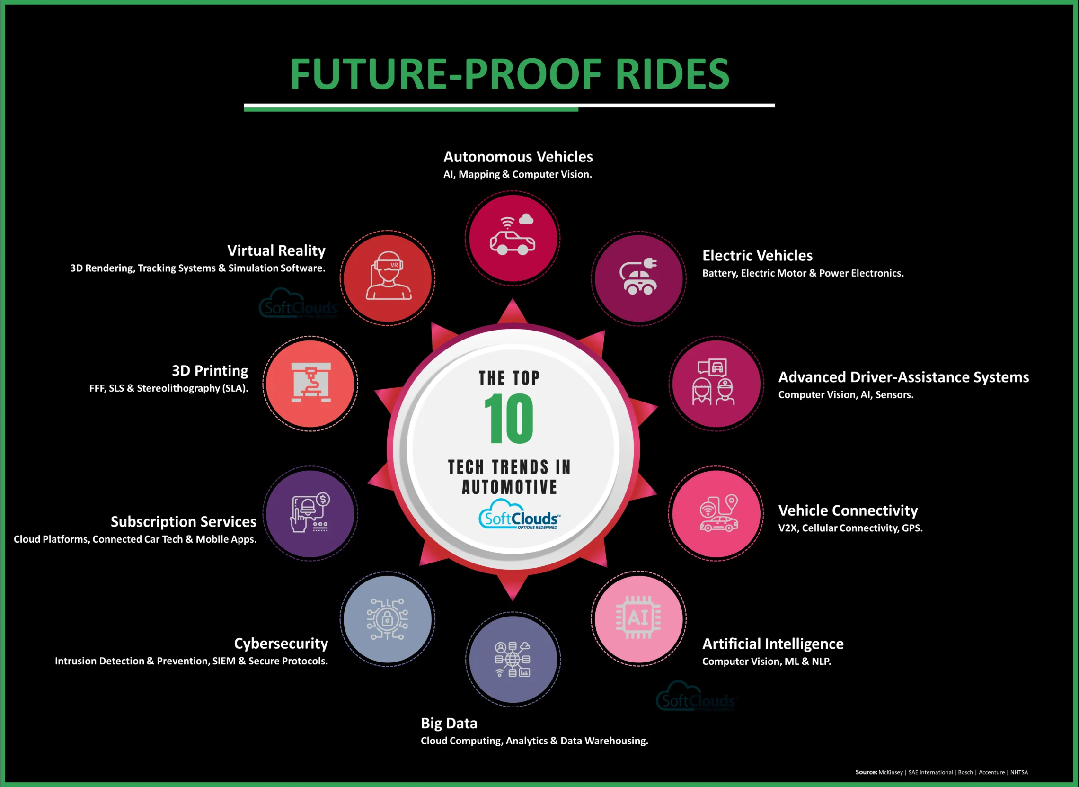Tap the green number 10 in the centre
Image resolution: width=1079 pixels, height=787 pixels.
tap(509, 418)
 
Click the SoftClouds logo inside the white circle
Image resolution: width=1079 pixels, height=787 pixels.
tap(520, 515)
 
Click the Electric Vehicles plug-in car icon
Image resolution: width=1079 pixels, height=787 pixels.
tap(638, 277)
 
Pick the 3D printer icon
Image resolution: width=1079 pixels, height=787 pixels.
tap(310, 382)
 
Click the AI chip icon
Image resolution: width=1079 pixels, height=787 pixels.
tap(638, 618)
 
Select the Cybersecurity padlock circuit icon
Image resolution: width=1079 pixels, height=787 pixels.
tap(387, 619)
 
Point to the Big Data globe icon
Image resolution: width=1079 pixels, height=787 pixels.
tap(513, 659)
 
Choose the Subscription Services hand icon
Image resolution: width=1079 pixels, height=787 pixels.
tap(310, 513)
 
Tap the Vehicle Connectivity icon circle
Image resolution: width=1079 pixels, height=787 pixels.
tap(716, 514)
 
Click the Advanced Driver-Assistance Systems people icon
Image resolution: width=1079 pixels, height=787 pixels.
tap(713, 382)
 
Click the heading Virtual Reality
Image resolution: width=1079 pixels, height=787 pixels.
tap(276, 250)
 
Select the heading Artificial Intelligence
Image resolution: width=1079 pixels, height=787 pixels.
tap(773, 644)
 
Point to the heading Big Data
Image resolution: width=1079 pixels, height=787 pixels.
tap(449, 723)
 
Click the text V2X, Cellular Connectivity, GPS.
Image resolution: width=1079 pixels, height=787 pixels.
tap(850, 528)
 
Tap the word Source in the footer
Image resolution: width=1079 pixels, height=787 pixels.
tap(866, 772)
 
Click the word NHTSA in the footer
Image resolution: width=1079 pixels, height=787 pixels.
tap(1019, 772)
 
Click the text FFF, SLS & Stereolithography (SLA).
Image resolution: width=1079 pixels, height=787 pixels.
tap(169, 388)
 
